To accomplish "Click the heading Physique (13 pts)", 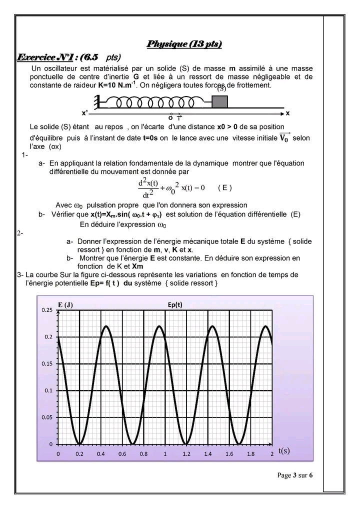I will pos(184,44).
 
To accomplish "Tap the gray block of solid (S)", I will pos(219,101).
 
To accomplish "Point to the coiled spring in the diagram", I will pos(155,102).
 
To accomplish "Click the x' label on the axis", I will pos(85,113).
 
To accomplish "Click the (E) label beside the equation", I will pos(225,187).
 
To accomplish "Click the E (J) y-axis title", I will pos(65,305).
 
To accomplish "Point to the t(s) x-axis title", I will pos(283,450).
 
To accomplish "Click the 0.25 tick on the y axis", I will pos(46,310).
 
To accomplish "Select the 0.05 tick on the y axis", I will pos(46,417).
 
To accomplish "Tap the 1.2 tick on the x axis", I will pos(186,454).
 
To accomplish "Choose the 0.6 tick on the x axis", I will pos(122,454).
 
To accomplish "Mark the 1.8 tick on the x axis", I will pos(251,454).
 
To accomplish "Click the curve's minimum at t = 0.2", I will pos(79,443).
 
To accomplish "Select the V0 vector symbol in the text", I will pos(284,137).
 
